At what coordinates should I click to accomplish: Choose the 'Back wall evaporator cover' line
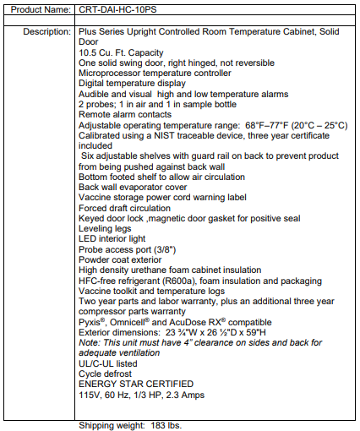pos(133,187)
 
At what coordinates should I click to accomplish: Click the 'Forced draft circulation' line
pos(123,208)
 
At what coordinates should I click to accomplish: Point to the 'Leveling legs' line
pos(104,228)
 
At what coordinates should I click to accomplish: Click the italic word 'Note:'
pos(90,342)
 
